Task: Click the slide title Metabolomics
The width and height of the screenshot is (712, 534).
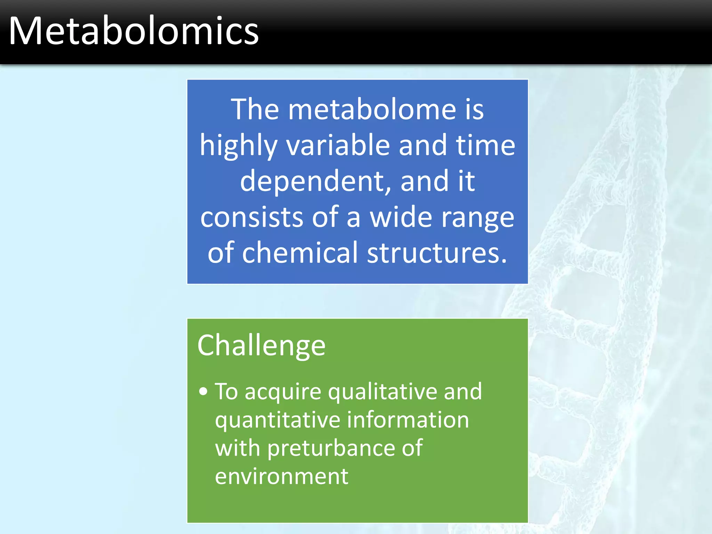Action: tap(133, 31)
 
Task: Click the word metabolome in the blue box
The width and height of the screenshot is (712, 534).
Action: tap(372, 110)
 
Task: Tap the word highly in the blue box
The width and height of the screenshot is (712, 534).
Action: tap(238, 146)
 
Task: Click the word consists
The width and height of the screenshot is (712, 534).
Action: tap(252, 217)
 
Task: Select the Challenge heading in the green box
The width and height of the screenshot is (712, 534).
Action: tap(261, 346)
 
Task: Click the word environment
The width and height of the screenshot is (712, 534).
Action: tap(282, 476)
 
